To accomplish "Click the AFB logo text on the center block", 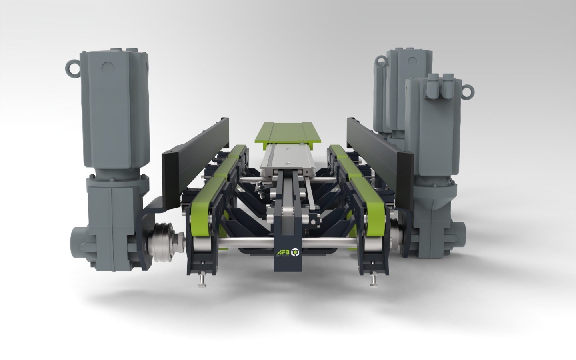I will coord(282,252).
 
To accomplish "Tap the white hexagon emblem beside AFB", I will coord(295,252).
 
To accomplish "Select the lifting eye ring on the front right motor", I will coord(467,91).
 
